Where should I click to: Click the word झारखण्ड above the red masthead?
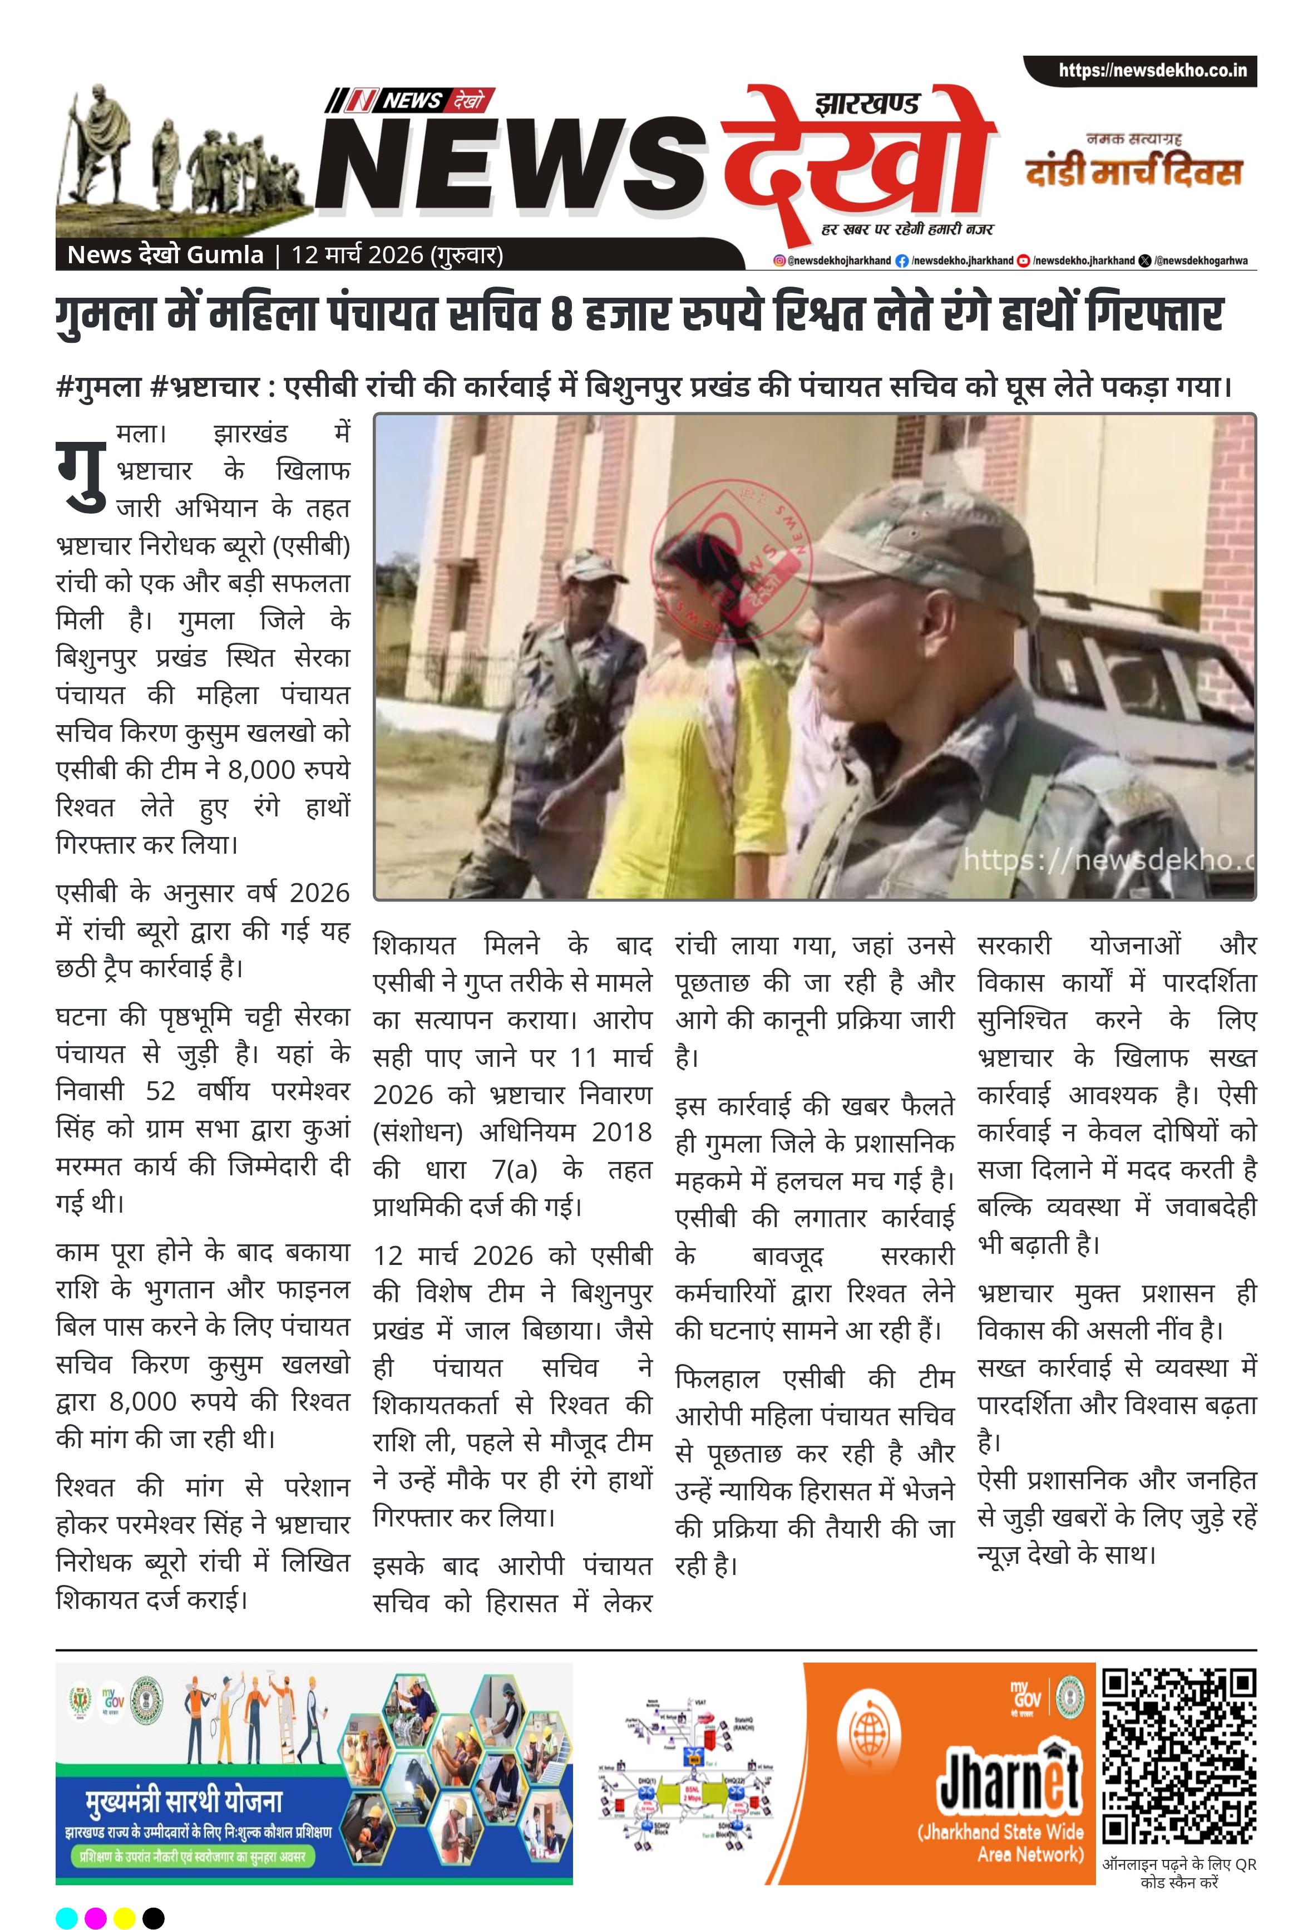(867, 105)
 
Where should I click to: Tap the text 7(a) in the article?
(514, 1169)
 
